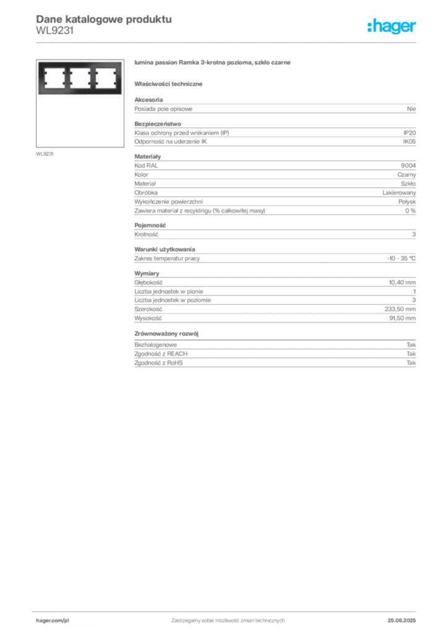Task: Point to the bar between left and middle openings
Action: tap(67, 79)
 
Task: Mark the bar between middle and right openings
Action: tap(94, 79)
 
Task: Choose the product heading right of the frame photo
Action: tap(212, 64)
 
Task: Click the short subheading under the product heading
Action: tap(170, 83)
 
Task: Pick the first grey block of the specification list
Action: tap(275, 108)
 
